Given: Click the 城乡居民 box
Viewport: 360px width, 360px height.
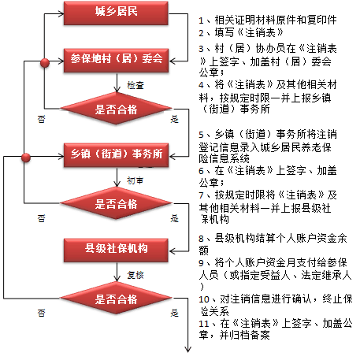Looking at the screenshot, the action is tap(116, 13).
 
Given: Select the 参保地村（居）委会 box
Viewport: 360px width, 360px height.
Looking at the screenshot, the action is tap(116, 61).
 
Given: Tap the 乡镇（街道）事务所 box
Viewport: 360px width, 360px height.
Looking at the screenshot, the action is tap(116, 155).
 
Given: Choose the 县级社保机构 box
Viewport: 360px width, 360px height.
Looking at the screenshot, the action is tap(116, 251).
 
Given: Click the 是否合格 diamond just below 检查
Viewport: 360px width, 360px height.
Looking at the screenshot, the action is tap(116, 109).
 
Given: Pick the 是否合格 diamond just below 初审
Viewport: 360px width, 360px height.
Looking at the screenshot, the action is tap(116, 203).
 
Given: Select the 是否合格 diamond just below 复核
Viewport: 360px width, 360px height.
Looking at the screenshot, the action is tap(116, 298).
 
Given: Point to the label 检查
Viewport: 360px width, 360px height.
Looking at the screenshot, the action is tap(135, 85).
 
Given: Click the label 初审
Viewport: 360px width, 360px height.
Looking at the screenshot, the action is tap(135, 180).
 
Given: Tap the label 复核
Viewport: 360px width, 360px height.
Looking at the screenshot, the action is tap(135, 275).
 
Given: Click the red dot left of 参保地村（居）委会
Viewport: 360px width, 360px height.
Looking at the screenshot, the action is tap(45, 63).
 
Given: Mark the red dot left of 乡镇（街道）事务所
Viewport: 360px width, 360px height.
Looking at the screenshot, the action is tap(26, 158).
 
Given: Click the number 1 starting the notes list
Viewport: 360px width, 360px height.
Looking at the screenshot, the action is tap(201, 20).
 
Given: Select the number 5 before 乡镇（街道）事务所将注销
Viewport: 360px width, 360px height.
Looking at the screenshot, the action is tap(201, 135).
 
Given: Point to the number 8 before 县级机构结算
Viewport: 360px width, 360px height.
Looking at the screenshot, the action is tap(201, 239).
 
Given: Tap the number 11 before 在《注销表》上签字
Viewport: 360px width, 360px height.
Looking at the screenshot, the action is tap(203, 324).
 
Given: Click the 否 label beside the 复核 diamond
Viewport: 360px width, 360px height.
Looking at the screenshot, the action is tap(41, 313).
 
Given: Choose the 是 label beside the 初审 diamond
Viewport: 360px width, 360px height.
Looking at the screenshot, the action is tap(175, 218).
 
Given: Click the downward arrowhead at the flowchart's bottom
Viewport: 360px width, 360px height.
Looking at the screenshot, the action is tap(187, 349).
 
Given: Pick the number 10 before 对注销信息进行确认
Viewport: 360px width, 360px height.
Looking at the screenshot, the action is tap(204, 299).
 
